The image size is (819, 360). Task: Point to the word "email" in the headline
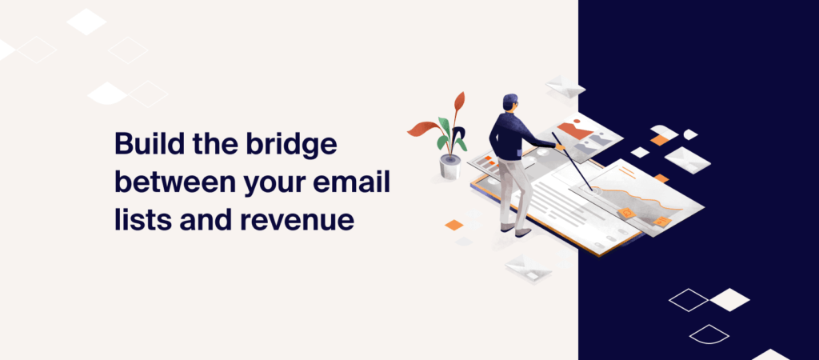361,182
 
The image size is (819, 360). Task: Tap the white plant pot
451,166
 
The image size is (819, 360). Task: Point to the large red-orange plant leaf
421,128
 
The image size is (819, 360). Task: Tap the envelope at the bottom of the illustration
528,267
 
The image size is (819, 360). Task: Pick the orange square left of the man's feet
453,225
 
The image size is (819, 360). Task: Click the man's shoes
516,230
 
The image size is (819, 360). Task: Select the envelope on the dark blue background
686,158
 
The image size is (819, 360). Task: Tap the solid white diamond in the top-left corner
86,22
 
